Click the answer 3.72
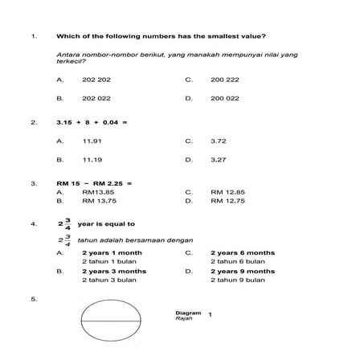(x=218, y=141)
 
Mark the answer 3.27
(x=218, y=159)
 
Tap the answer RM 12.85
(x=227, y=192)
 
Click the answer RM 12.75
(x=227, y=200)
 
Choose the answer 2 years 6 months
(x=242, y=252)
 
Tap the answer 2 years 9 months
(x=242, y=271)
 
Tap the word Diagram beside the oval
(x=188, y=312)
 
